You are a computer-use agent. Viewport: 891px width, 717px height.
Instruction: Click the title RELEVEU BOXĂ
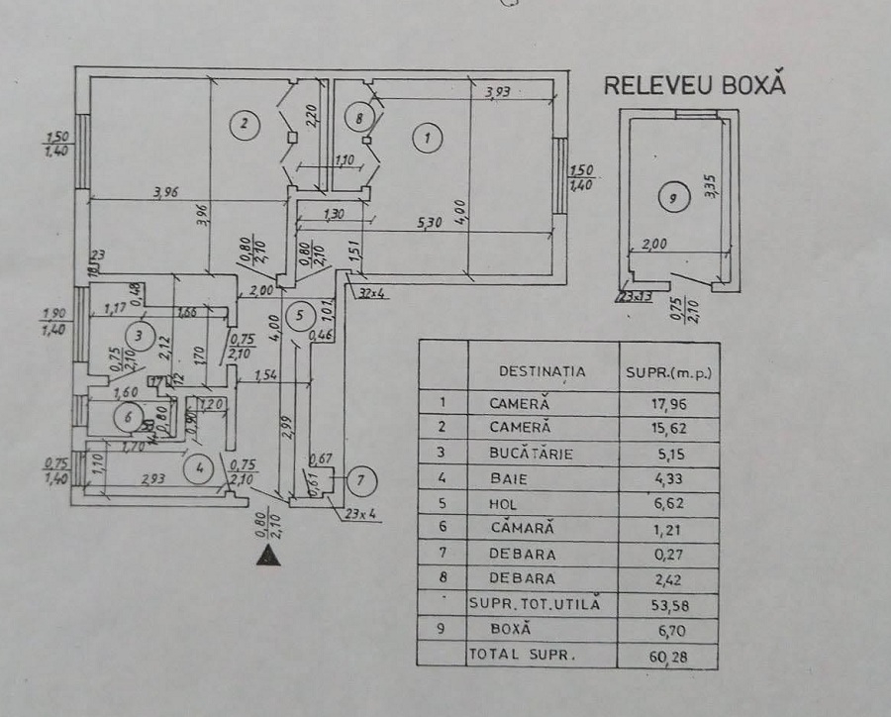point(694,85)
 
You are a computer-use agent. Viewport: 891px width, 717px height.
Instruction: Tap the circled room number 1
point(427,138)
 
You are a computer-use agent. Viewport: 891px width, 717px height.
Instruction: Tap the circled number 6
point(126,417)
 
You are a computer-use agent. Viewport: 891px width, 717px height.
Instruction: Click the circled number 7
point(360,481)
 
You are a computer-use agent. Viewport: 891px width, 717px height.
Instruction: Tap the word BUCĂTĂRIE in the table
point(530,454)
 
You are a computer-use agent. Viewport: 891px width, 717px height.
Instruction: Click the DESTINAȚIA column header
point(542,371)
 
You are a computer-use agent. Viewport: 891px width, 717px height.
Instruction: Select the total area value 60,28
point(670,655)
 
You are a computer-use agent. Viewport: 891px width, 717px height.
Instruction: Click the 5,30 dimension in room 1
point(430,225)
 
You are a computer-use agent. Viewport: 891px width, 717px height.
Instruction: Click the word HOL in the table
point(504,504)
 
